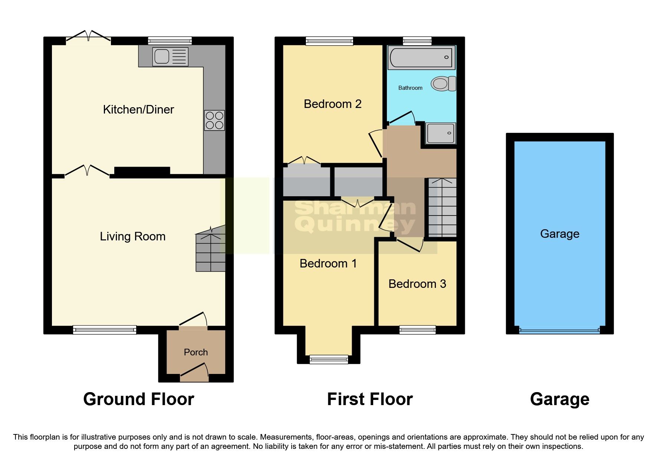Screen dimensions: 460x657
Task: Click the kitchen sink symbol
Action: pos(170,56)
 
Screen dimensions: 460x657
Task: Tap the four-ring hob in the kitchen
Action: pos(214,120)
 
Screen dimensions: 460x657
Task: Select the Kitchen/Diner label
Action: pos(138,109)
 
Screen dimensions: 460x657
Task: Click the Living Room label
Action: pos(132,236)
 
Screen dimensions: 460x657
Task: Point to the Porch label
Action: pos(196,352)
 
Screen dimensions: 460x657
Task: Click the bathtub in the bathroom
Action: pos(421,58)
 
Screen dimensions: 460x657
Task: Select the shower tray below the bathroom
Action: pos(440,133)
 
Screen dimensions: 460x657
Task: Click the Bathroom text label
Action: pos(410,88)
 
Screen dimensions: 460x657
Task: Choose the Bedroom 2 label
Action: pos(332,104)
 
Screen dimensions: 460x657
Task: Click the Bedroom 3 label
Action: pos(417,284)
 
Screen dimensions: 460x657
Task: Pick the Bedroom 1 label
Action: pos(328,263)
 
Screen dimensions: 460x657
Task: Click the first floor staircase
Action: pos(442,208)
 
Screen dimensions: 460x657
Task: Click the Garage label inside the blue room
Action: pos(559,234)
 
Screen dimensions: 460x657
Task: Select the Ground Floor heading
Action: pos(138,399)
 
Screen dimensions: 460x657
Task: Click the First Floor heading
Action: pos(369,399)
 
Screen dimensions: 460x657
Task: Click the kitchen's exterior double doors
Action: pos(88,36)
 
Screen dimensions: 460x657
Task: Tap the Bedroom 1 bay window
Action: pos(329,358)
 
